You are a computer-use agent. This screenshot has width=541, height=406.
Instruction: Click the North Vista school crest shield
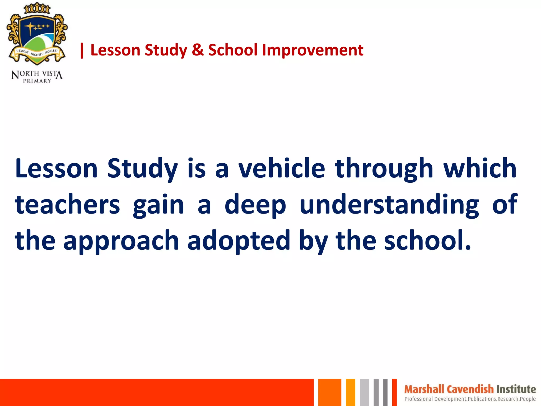37,37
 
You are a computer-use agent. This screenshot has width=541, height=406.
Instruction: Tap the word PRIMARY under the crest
37,81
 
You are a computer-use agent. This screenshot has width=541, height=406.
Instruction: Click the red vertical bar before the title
82,50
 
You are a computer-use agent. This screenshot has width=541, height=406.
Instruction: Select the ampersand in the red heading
198,50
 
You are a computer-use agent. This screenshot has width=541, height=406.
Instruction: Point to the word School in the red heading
233,50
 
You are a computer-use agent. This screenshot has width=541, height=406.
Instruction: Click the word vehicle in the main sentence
282,168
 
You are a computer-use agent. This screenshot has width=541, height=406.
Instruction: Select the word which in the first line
480,168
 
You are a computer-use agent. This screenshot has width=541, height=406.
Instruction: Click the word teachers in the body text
68,204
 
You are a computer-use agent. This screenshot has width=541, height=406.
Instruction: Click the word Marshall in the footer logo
424,389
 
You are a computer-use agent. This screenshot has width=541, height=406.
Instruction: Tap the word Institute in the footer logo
516,389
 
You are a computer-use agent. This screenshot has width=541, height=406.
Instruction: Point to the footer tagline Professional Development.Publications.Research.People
470,399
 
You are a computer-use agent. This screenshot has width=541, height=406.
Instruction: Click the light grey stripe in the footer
364,393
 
